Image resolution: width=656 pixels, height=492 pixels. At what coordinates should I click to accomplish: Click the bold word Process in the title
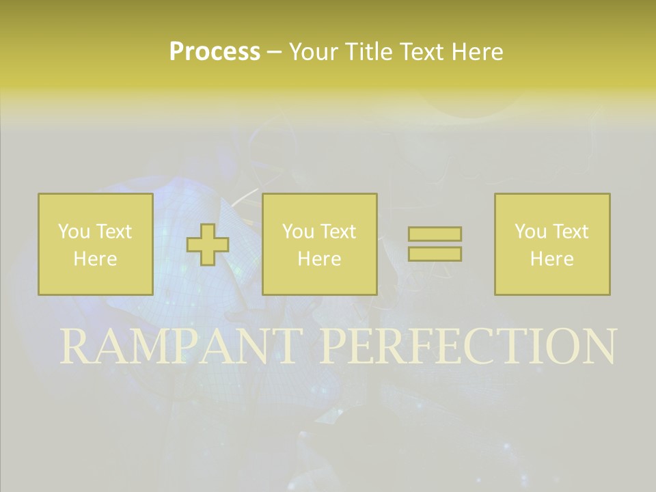tap(215, 52)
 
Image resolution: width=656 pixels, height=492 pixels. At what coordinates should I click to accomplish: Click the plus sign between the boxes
tap(208, 245)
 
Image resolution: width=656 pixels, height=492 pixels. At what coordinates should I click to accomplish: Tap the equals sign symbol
tap(435, 244)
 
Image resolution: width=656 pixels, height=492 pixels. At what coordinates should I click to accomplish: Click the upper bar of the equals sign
tap(435, 234)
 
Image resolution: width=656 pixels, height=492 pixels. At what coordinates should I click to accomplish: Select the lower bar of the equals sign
tap(435, 254)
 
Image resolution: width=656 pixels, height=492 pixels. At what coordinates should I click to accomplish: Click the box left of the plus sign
tap(96, 244)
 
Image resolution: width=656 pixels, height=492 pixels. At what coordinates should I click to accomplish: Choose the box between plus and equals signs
tap(320, 244)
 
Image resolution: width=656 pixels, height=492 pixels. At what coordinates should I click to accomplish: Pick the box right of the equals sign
tap(552, 244)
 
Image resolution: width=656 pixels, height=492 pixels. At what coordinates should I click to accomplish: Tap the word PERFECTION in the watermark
tap(468, 346)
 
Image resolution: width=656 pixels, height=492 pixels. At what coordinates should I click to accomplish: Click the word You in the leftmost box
tap(73, 232)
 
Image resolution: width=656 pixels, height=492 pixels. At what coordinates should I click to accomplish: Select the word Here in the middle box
tap(320, 259)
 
